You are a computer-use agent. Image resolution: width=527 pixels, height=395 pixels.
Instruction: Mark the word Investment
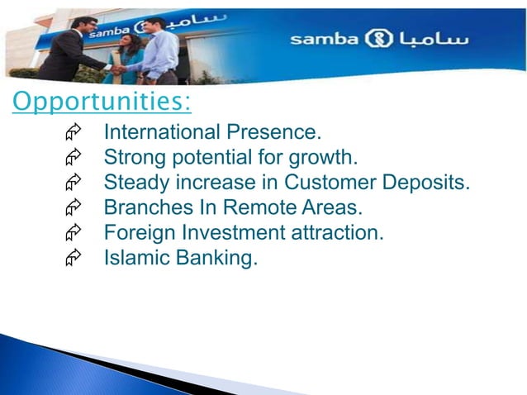[x=216, y=233]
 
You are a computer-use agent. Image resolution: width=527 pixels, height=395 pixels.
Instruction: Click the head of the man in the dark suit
[x=83, y=26]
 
